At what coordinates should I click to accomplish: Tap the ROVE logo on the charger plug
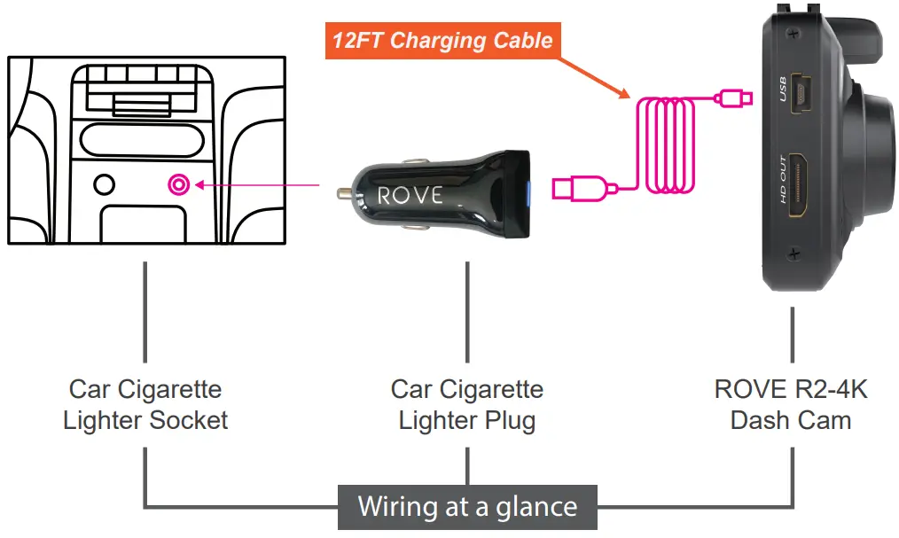410,195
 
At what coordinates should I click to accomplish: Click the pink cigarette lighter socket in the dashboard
178,185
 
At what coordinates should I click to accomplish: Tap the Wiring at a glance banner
467,507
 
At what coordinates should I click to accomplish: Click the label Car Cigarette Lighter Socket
145,404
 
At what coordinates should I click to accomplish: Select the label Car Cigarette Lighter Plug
467,404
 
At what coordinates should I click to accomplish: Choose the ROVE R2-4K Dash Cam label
791,404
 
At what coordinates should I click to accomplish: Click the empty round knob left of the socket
105,185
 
